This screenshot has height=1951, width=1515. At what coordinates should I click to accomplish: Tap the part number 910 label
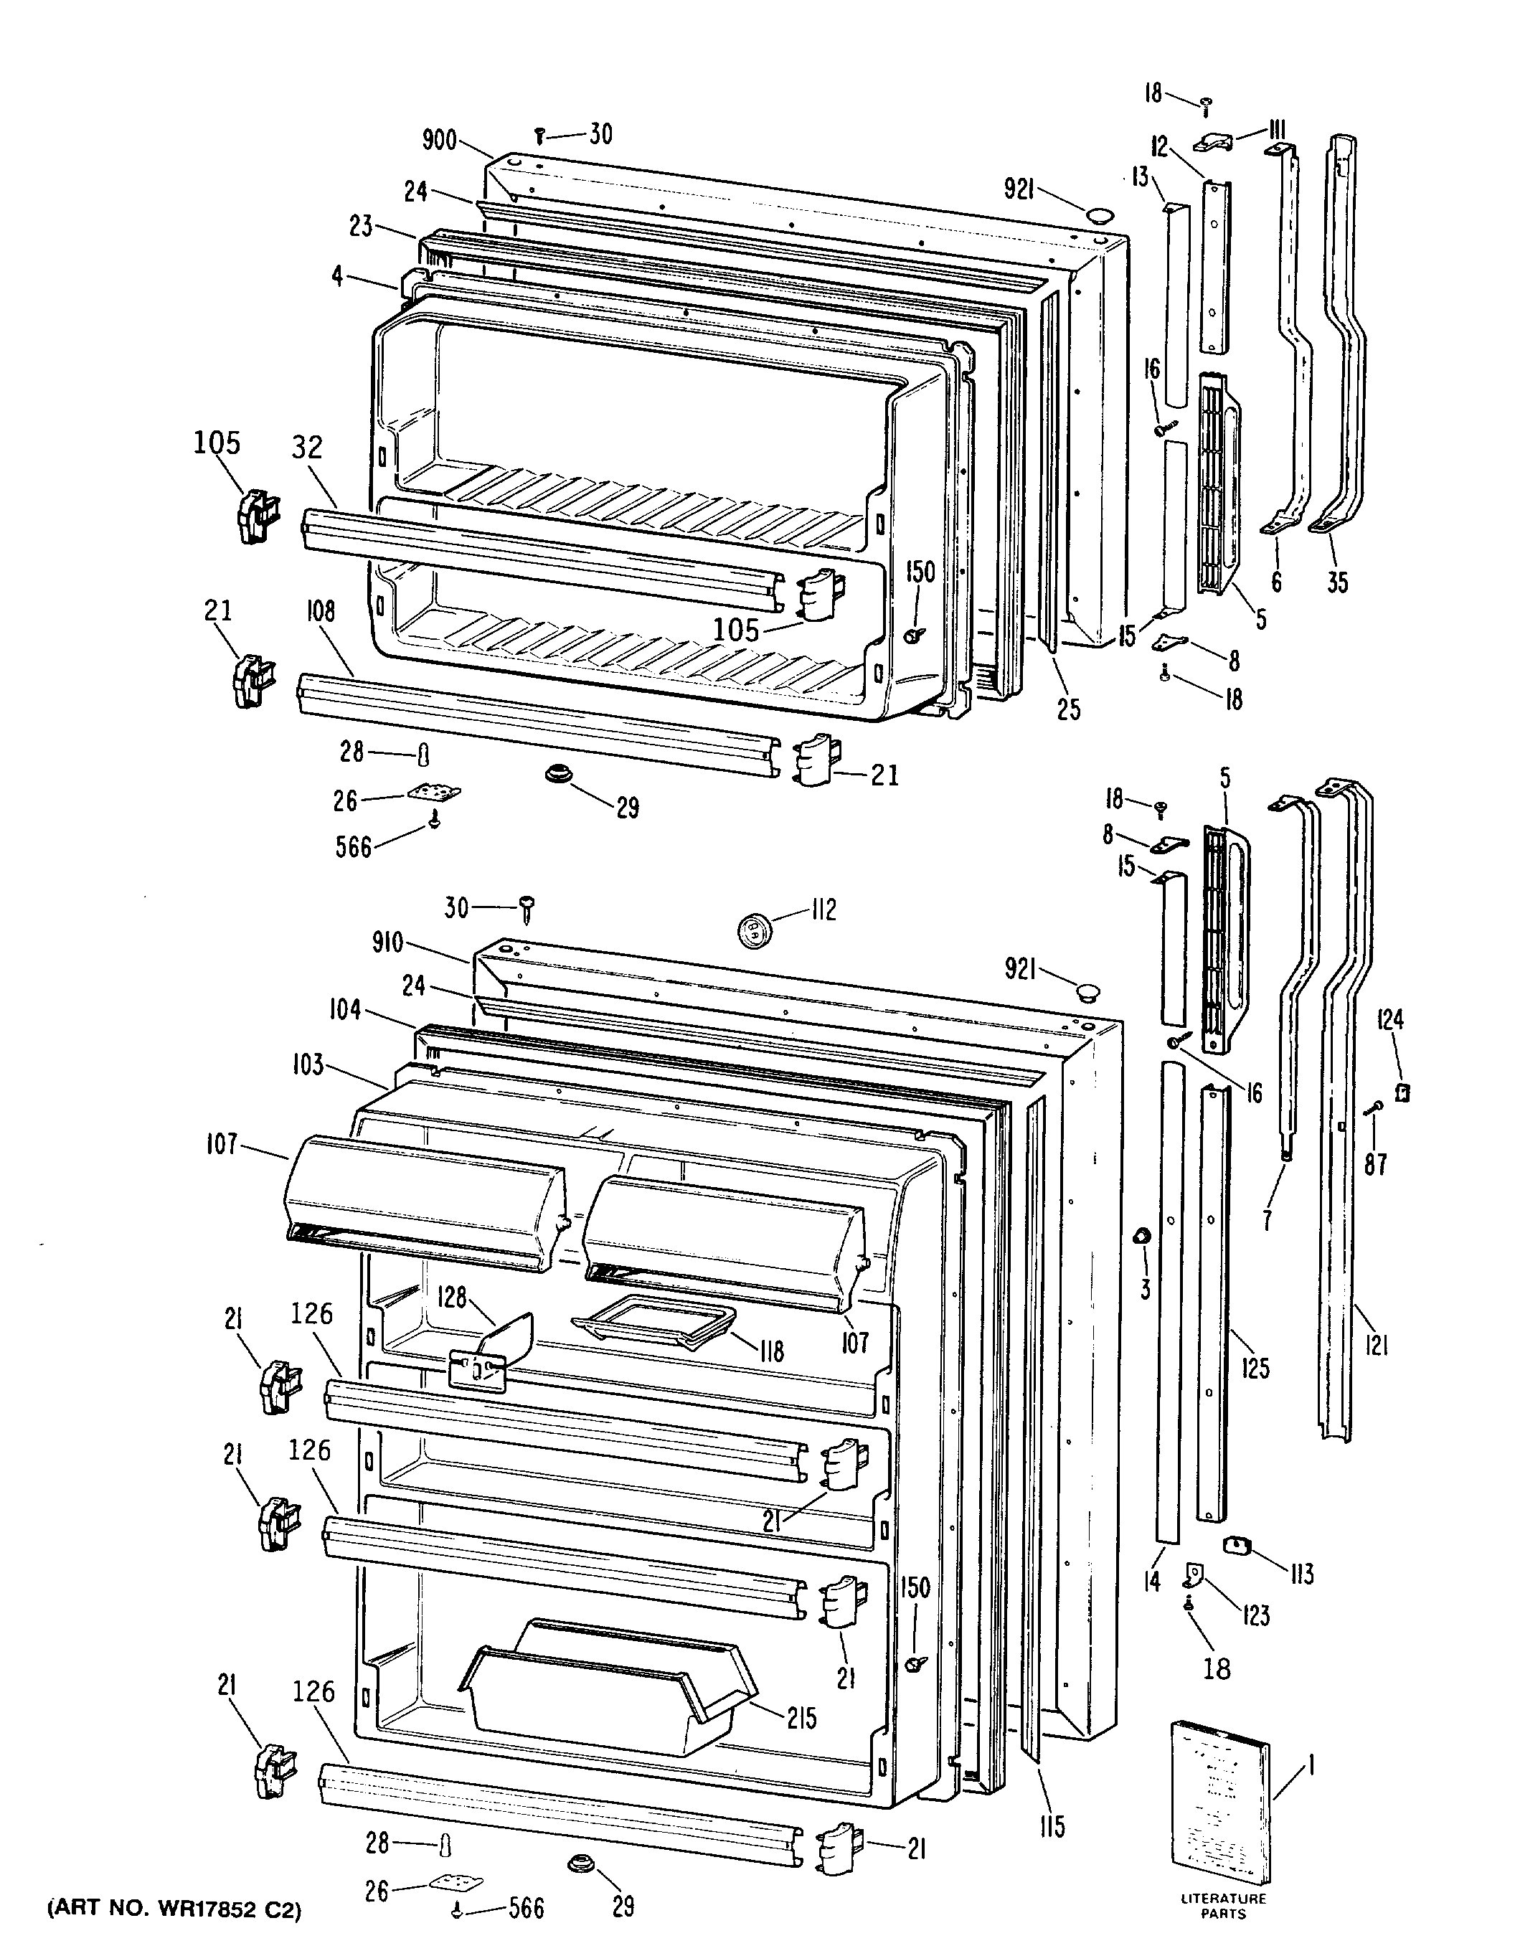pyautogui.click(x=387, y=943)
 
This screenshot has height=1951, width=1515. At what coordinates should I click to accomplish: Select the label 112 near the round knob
pyautogui.click(x=822, y=910)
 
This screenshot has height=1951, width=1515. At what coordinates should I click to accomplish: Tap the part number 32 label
pyautogui.click(x=307, y=447)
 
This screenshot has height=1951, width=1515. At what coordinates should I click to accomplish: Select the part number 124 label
pyautogui.click(x=1391, y=1019)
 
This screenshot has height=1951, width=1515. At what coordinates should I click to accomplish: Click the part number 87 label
pyautogui.click(x=1376, y=1165)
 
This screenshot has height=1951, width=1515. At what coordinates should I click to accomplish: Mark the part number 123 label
pyautogui.click(x=1256, y=1615)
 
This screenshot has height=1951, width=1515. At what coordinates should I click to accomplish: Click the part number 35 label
pyautogui.click(x=1336, y=582)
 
